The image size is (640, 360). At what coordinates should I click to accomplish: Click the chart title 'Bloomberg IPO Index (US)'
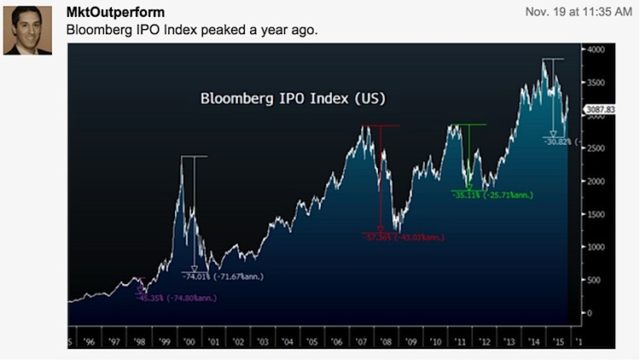[x=293, y=98]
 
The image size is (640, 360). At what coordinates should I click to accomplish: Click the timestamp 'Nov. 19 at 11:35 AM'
[x=574, y=12]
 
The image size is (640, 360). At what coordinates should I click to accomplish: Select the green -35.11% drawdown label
[x=492, y=195]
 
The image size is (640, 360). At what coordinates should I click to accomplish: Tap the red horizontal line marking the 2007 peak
[x=380, y=126]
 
